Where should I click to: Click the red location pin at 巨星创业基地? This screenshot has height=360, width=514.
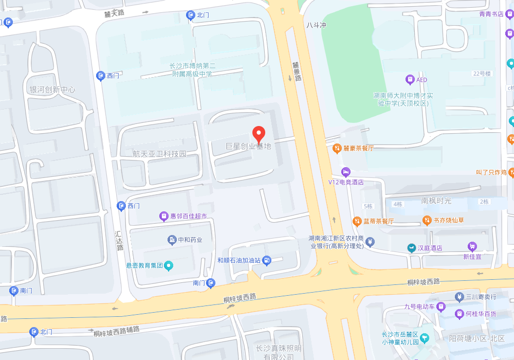coord(259,133)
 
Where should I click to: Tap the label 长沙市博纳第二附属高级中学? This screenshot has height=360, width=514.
coord(193,70)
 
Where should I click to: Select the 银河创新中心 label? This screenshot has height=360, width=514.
coord(52,89)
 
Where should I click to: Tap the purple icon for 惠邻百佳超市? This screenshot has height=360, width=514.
coord(163,217)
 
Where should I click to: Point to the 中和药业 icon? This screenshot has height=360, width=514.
coord(172,240)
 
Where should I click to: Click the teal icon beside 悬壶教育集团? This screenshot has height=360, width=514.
coord(169,265)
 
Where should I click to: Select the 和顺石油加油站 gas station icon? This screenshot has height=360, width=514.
coord(266,260)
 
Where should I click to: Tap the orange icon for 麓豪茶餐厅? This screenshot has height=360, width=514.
coord(337,149)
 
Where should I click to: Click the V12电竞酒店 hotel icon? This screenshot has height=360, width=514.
coord(346,171)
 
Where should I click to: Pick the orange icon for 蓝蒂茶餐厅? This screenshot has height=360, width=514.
coord(357,221)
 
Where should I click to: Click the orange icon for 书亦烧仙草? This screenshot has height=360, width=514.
coord(427,220)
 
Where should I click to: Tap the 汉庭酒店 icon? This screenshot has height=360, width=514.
coord(411,248)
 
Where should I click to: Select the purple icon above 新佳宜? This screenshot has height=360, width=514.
coord(472,246)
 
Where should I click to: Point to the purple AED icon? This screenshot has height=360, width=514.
coord(410,79)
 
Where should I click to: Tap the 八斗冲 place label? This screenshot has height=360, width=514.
coord(316,25)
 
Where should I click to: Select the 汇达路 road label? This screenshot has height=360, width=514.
coord(119,240)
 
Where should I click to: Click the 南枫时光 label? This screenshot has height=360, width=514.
coord(436,201)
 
